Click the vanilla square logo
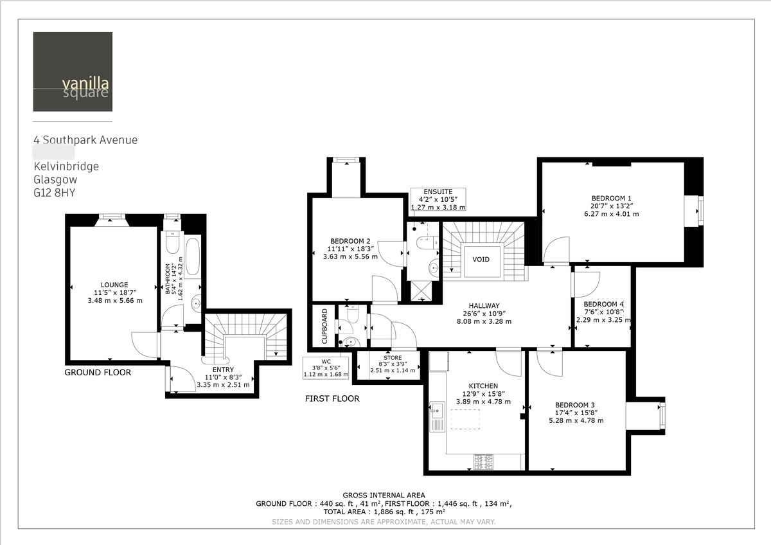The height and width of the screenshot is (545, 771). click(73, 71)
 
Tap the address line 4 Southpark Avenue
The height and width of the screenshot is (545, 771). click(85, 140)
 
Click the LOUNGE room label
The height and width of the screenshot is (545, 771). click(114, 285)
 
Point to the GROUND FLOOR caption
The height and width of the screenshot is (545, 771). click(98, 373)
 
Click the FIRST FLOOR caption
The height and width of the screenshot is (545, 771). click(332, 399)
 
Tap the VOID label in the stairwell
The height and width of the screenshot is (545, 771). click(481, 260)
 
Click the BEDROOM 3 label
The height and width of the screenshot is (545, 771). click(579, 405)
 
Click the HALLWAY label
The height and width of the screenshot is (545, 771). click(484, 306)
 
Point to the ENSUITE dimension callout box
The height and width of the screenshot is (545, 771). click(438, 199)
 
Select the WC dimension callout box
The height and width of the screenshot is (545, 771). click(326, 367)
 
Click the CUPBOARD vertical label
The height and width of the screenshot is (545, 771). click(324, 326)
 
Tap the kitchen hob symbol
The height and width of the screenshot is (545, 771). click(483, 461)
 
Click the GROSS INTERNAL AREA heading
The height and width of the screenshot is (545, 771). click(384, 496)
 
